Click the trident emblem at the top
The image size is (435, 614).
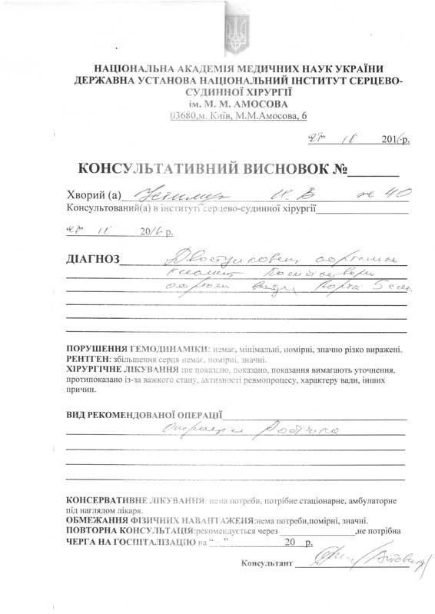(235, 32)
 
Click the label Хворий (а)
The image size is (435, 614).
(95, 195)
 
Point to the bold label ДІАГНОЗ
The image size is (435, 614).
(93, 261)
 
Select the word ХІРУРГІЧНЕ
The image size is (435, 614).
(96, 369)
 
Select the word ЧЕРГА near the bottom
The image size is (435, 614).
(82, 542)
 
